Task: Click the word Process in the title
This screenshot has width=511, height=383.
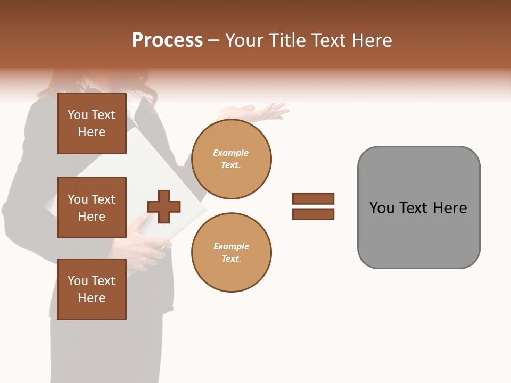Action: [x=167, y=40]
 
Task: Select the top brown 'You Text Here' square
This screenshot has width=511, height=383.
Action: [x=92, y=123]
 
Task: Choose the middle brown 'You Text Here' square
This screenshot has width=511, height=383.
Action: [x=92, y=207]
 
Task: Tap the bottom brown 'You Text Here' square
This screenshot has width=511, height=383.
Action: [x=92, y=289]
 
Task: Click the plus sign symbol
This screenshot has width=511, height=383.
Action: [x=164, y=206]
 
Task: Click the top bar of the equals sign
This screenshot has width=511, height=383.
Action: [x=313, y=198]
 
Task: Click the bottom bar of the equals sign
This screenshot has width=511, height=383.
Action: [x=313, y=214]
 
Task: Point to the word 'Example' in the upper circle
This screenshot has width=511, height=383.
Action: [x=231, y=153]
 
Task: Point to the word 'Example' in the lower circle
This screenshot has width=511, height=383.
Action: [x=231, y=246]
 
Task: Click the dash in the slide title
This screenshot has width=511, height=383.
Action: [x=213, y=40]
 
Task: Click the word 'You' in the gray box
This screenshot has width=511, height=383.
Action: [x=382, y=208]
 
